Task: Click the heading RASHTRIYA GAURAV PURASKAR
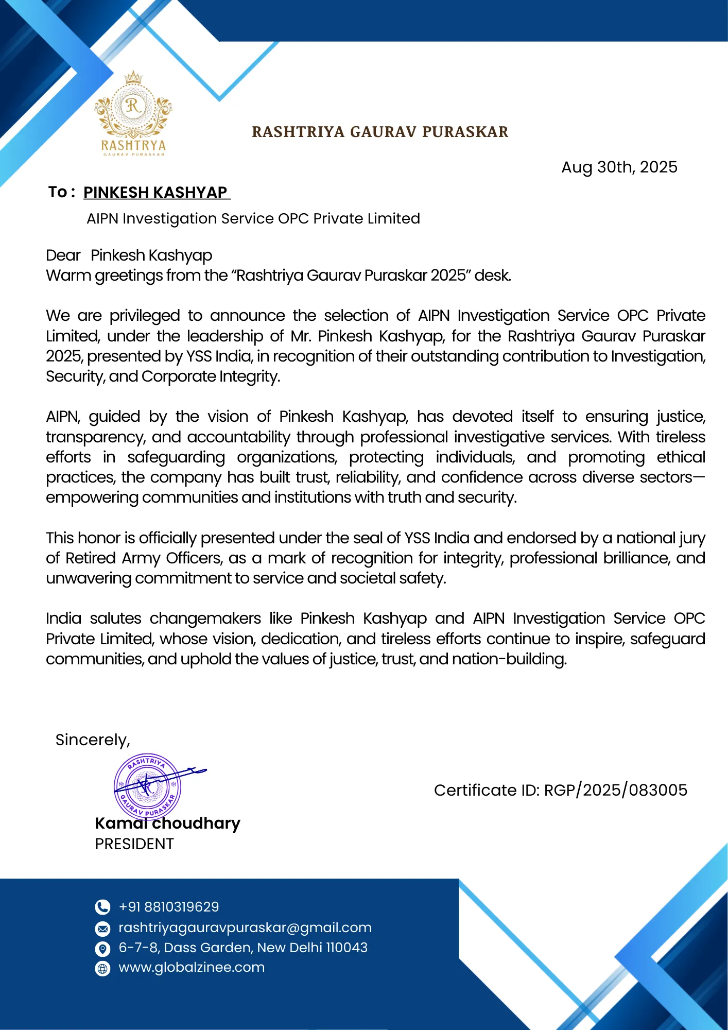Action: pos(380,132)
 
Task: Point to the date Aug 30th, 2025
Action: pos(619,167)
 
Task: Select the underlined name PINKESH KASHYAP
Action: pos(155,193)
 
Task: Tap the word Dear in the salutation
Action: pos(63,255)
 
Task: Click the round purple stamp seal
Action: pos(147,786)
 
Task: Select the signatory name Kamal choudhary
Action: pos(167,823)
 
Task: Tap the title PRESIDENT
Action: pos(134,844)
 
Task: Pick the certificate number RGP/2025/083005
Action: pos(615,790)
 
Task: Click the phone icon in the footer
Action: pos(103,907)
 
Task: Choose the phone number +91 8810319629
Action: pos(168,907)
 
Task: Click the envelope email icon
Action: pos(103,929)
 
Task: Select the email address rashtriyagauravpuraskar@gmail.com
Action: pos(245,928)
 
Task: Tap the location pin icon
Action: pos(103,949)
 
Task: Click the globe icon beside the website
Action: pos(103,969)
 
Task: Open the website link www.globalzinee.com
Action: pos(192,967)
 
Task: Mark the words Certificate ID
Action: pos(486,790)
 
